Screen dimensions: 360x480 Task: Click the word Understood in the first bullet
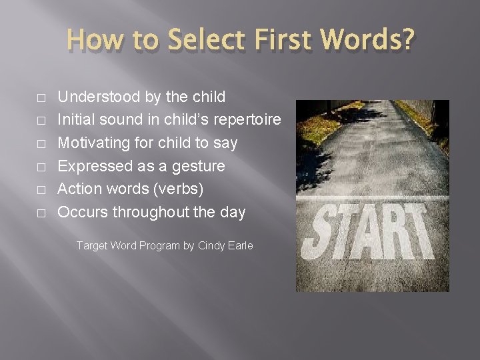[x=99, y=97]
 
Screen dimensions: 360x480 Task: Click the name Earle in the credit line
[x=239, y=245]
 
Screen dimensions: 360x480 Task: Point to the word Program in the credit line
[x=159, y=245]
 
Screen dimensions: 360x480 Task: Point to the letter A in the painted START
[x=370, y=233]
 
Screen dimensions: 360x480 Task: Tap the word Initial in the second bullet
[x=76, y=120]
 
